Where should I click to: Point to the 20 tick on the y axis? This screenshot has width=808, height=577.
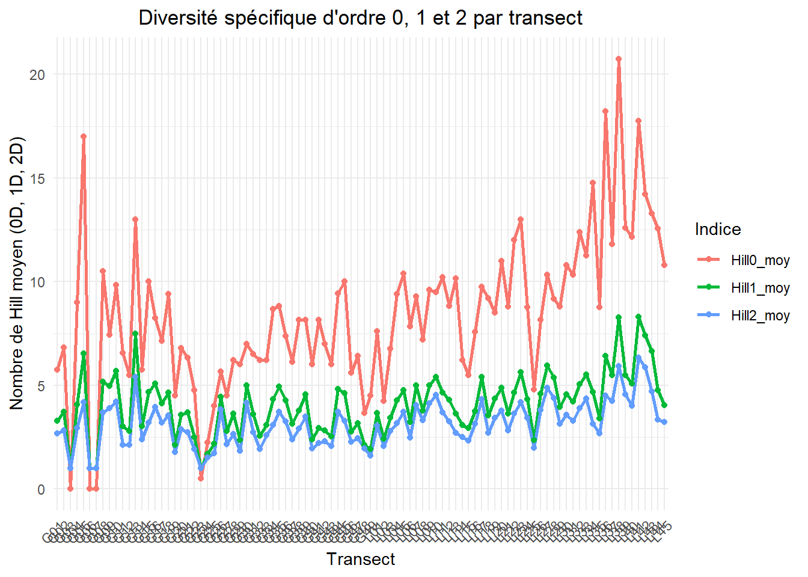pyautogui.click(x=37, y=75)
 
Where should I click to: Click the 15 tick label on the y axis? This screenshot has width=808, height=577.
pyautogui.click(x=37, y=179)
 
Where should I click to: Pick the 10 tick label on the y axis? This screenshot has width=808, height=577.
pyautogui.click(x=37, y=282)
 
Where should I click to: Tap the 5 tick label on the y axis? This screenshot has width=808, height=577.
pyautogui.click(x=41, y=386)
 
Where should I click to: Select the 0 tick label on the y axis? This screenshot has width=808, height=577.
pyautogui.click(x=41, y=489)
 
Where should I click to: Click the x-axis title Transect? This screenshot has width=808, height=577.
pyautogui.click(x=361, y=559)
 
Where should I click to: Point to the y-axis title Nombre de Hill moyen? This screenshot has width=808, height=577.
pyautogui.click(x=17, y=273)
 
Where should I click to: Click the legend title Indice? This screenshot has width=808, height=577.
pyautogui.click(x=717, y=229)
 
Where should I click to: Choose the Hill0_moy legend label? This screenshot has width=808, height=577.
pyautogui.click(x=760, y=260)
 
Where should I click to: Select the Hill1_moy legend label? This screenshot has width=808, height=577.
pyautogui.click(x=760, y=288)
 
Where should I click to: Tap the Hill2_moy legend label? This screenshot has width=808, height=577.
pyautogui.click(x=760, y=316)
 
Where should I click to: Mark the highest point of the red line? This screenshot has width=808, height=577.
pyautogui.click(x=618, y=59)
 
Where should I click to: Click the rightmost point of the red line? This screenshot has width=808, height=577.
pyautogui.click(x=664, y=265)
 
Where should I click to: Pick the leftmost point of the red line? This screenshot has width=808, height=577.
pyautogui.click(x=57, y=370)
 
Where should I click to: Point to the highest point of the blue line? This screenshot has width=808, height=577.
pyautogui.click(x=638, y=358)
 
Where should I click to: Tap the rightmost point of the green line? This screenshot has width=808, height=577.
pyautogui.click(x=664, y=406)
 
